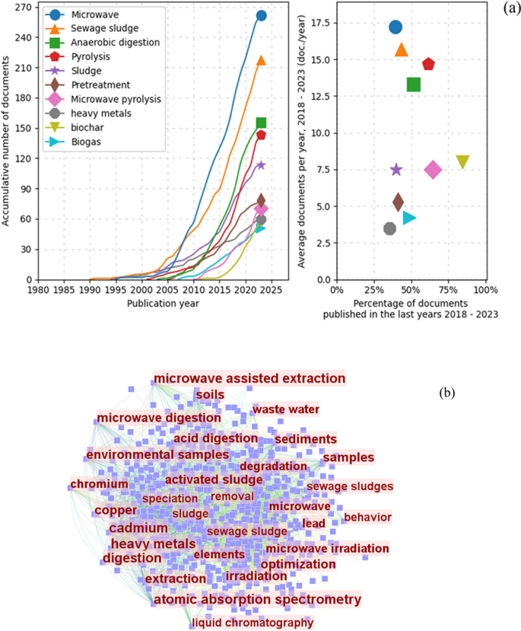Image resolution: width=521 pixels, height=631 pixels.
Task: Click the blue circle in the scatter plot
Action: (x=396, y=27)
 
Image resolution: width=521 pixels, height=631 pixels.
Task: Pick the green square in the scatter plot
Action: (x=414, y=84)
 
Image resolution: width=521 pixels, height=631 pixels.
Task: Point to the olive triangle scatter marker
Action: (x=462, y=161)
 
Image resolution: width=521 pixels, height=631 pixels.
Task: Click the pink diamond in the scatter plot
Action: (x=433, y=170)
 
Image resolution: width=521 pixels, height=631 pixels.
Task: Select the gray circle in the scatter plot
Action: (x=390, y=228)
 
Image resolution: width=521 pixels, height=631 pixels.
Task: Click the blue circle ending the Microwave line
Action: (x=261, y=15)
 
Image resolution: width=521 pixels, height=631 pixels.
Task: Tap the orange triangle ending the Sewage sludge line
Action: (x=261, y=60)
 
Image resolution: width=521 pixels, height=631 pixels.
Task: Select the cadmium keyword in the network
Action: (x=138, y=528)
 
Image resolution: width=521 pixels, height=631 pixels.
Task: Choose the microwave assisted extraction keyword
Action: (x=249, y=378)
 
